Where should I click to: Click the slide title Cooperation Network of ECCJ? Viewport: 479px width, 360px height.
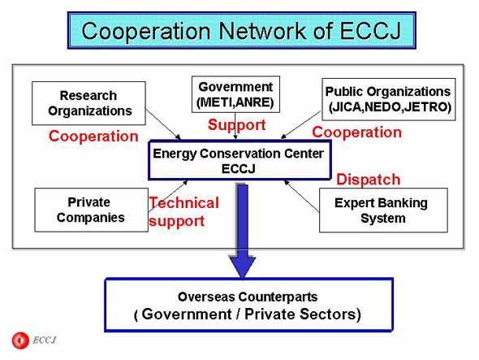(x=241, y=30)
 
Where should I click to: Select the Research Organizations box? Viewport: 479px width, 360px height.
(x=88, y=103)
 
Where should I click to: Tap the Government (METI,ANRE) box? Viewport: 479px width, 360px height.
(x=235, y=94)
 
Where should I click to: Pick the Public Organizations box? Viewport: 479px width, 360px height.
(x=388, y=99)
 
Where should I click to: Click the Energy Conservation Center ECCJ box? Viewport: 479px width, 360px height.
(x=239, y=160)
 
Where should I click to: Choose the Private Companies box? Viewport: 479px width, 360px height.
(x=91, y=210)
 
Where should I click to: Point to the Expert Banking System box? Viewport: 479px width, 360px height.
(x=383, y=210)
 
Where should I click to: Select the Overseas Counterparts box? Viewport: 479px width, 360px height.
(x=248, y=305)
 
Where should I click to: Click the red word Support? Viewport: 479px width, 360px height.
(x=237, y=125)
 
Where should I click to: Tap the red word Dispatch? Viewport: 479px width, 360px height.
(x=369, y=180)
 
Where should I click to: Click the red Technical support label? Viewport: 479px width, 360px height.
(x=184, y=211)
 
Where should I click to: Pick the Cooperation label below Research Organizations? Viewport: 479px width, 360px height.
(x=93, y=136)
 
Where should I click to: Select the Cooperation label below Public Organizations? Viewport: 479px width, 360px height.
(x=356, y=132)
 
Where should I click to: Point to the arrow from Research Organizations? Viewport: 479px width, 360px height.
(x=163, y=124)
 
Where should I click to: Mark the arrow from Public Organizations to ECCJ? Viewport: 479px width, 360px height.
(x=300, y=125)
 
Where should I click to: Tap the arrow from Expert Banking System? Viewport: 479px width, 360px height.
(x=301, y=196)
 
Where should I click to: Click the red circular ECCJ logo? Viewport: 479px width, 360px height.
(x=20, y=340)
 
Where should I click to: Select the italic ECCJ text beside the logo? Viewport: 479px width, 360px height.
(x=45, y=340)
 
